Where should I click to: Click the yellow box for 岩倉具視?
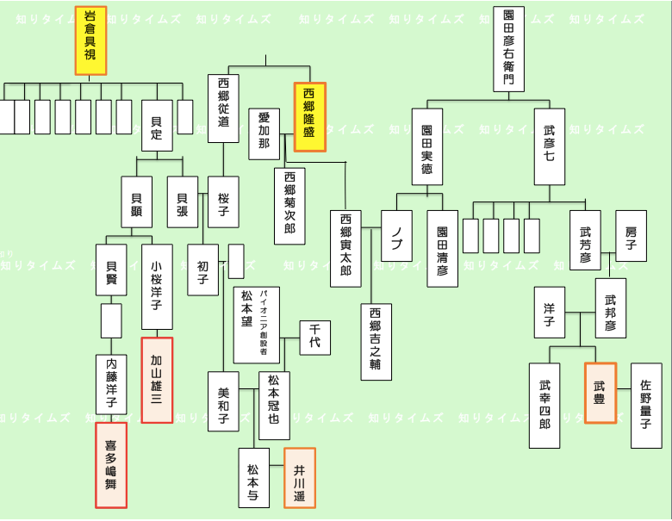90,40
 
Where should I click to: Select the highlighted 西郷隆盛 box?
309,117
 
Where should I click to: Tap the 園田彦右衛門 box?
508,49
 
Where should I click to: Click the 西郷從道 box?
223,109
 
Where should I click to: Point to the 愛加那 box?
264,134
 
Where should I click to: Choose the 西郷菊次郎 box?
289,207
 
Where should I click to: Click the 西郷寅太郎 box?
345,248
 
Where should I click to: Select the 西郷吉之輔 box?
376,342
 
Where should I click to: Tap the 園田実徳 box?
426,146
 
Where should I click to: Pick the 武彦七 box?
550,146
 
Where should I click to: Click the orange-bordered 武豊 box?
600,393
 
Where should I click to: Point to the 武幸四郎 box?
544,405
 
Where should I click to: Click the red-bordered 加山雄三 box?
157,380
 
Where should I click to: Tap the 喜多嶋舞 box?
110,465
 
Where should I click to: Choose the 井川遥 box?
300,479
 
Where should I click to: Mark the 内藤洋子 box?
111,384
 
